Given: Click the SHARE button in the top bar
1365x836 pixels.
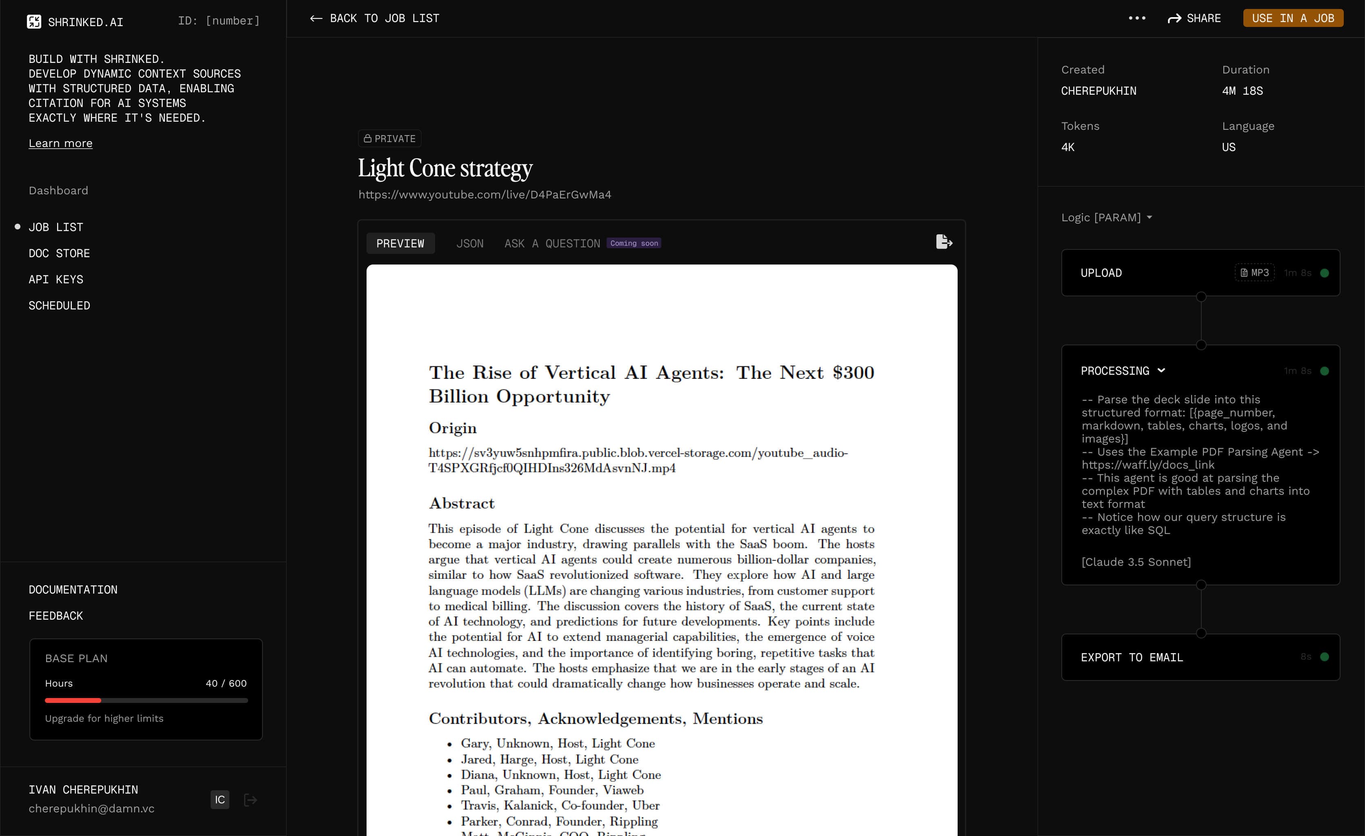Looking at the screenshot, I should click(1194, 18).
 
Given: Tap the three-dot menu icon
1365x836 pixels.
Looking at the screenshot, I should click(1137, 18).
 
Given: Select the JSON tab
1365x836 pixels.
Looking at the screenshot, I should click(469, 243).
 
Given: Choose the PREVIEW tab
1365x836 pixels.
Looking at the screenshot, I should click(400, 243).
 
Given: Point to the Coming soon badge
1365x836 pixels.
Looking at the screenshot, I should click(634, 243).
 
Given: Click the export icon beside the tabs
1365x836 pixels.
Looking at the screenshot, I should click(943, 242).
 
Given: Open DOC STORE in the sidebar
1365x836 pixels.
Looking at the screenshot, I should click(59, 253).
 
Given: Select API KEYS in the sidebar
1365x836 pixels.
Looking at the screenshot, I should click(56, 279).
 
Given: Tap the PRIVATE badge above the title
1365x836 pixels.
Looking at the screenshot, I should click(389, 138).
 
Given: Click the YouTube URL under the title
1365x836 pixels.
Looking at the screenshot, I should click(485, 194).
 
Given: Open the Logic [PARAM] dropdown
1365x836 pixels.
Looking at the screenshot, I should click(1106, 217).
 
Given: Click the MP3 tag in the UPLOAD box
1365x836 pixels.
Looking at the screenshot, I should click(1254, 273).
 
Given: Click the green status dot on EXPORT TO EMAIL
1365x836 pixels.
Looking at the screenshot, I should click(1324, 657).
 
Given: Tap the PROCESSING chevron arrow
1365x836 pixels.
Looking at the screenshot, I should click(1161, 371).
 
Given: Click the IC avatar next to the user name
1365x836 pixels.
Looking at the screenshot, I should click(220, 799).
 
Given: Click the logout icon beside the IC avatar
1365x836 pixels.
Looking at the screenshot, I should click(250, 799).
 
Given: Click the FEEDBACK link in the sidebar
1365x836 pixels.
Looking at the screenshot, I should click(56, 616).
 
